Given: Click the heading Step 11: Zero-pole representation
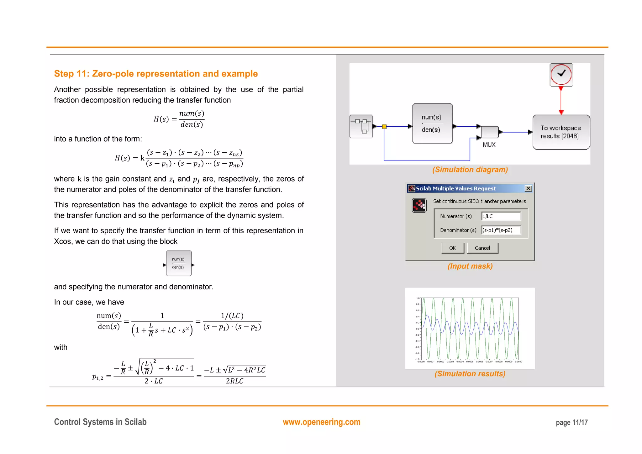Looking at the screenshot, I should [x=156, y=74].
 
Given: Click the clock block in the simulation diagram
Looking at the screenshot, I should [x=561, y=75].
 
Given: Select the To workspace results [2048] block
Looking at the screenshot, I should [x=561, y=132].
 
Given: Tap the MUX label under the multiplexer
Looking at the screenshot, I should [x=489, y=145].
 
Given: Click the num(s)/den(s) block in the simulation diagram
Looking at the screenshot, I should [x=432, y=124].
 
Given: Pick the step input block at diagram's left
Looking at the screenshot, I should [x=361, y=126].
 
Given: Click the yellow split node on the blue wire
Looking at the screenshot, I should [x=384, y=127].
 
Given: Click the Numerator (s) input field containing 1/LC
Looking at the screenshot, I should [x=501, y=216].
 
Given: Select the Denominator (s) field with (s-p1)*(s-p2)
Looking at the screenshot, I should [x=501, y=230].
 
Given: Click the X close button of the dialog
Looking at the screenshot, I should [x=528, y=188].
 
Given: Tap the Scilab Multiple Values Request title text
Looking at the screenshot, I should [x=455, y=188].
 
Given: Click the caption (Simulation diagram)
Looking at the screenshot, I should [x=470, y=170].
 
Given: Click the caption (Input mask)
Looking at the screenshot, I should [x=470, y=266].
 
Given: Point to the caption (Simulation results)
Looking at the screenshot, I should [x=470, y=374].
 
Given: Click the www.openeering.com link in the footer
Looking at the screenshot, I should [x=321, y=422].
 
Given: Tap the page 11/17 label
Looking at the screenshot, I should [x=571, y=423].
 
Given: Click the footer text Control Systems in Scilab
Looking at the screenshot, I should [x=100, y=422].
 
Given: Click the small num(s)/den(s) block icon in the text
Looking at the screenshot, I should [x=179, y=263].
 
